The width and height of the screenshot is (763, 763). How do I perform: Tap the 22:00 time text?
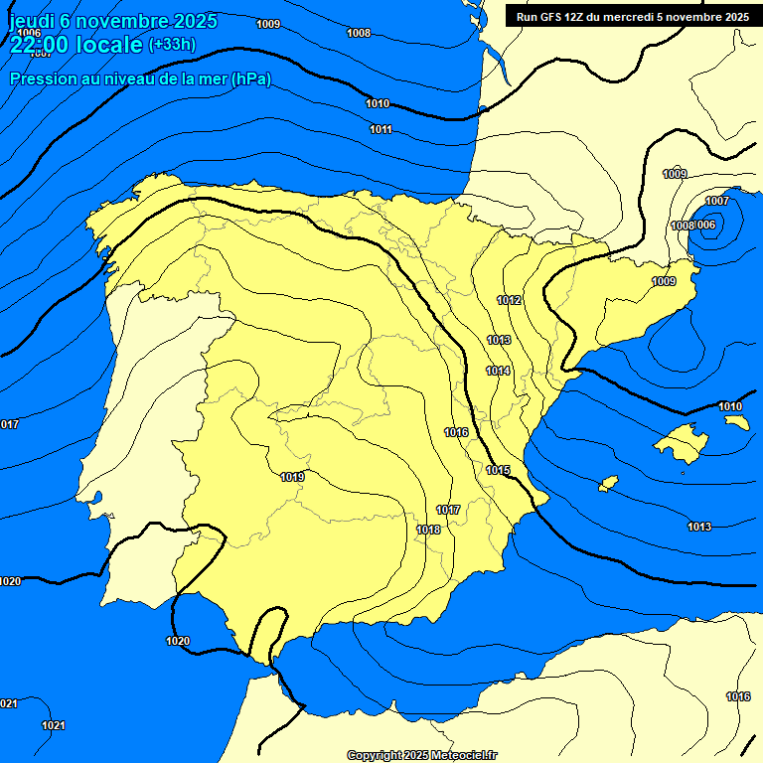[41, 45]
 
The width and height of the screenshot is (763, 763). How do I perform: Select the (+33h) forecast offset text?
[172, 45]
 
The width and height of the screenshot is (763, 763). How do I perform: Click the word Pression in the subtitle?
[41, 79]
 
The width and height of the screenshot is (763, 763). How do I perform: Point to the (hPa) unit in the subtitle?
[250, 79]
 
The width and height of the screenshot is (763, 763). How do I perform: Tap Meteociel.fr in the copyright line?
[464, 755]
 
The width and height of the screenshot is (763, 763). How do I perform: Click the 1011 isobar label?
[381, 130]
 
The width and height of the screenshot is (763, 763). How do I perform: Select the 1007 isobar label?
[717, 202]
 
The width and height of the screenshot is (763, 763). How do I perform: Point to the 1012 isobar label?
[510, 300]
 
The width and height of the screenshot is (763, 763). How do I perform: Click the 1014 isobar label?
[498, 371]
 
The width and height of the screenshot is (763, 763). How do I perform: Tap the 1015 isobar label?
[498, 470]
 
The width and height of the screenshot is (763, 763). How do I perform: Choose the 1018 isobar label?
[428, 530]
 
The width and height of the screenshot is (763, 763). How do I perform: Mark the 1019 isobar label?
[292, 477]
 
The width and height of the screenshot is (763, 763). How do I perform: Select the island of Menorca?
[736, 422]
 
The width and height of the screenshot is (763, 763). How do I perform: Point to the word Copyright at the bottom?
[374, 755]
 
